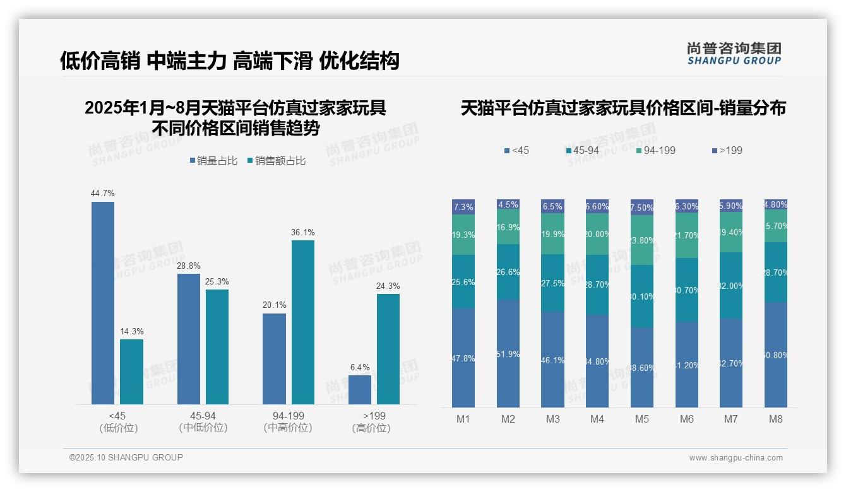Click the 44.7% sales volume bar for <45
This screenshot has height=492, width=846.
click(x=103, y=303)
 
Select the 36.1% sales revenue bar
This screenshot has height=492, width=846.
click(x=303, y=322)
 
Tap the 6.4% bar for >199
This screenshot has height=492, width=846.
click(x=360, y=390)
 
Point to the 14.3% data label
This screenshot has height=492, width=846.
click(x=131, y=332)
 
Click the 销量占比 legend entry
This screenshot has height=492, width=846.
click(x=213, y=161)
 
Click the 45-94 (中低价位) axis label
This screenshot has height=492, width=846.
click(x=203, y=421)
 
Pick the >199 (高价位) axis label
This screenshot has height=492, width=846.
click(x=374, y=421)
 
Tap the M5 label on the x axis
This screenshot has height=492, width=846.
click(x=642, y=419)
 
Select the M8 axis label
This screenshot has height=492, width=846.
click(x=776, y=419)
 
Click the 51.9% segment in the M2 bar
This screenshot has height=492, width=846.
click(x=508, y=353)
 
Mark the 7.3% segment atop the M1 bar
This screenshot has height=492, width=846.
click(x=463, y=207)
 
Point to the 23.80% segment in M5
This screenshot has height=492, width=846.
click(x=642, y=240)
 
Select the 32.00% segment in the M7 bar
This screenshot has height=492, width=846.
click(x=731, y=286)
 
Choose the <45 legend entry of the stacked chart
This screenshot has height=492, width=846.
click(x=517, y=151)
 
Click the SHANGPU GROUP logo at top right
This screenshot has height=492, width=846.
click(x=734, y=54)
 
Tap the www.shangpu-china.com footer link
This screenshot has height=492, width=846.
click(x=736, y=458)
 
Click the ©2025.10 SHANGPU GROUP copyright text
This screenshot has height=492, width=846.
click(x=126, y=457)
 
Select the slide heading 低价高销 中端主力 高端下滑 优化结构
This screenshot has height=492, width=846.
click(x=230, y=61)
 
